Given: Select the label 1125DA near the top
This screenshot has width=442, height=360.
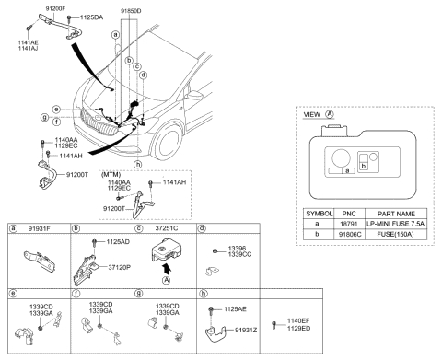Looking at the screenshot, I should click(x=92, y=17).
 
